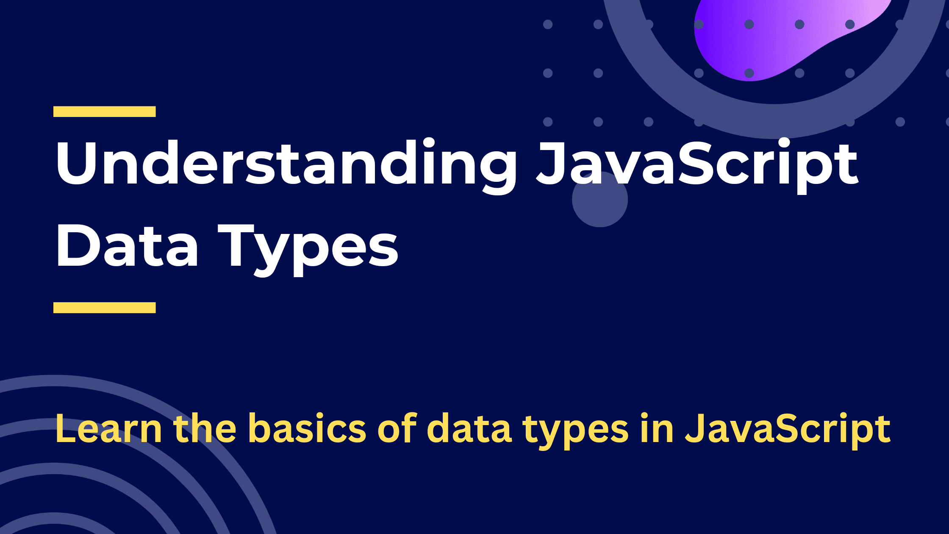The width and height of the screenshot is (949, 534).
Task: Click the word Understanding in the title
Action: pos(286,165)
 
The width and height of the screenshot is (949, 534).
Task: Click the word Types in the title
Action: pos(308,250)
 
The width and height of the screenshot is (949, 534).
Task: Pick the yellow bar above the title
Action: pos(105,111)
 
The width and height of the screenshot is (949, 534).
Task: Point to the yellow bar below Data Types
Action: pos(105,308)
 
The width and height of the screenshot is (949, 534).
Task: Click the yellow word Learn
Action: pos(108,429)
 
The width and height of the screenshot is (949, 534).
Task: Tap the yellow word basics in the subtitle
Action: pos(307,428)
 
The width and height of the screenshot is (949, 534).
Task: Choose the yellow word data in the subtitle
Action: pos(469,428)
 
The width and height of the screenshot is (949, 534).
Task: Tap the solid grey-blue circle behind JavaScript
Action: pos(600,199)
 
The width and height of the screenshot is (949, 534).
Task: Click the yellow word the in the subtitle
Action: pos(205,428)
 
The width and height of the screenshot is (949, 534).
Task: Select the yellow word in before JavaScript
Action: pos(657,428)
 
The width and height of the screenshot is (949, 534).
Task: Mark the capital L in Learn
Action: pos(66,429)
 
